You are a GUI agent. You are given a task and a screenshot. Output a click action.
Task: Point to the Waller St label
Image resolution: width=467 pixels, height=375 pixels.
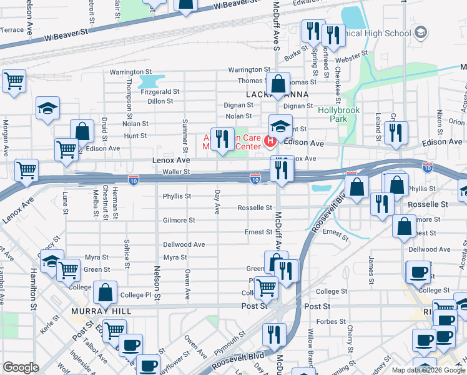click(175, 171)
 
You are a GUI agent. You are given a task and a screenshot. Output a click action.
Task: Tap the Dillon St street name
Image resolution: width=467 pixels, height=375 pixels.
click(160, 101)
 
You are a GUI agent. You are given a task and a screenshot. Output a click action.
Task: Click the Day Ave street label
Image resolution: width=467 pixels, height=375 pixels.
click(217, 202)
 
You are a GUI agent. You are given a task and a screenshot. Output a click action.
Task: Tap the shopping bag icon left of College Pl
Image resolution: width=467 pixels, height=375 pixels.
click(106, 292)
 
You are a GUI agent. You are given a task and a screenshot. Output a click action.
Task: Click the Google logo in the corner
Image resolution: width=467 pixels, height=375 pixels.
click(21, 367)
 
